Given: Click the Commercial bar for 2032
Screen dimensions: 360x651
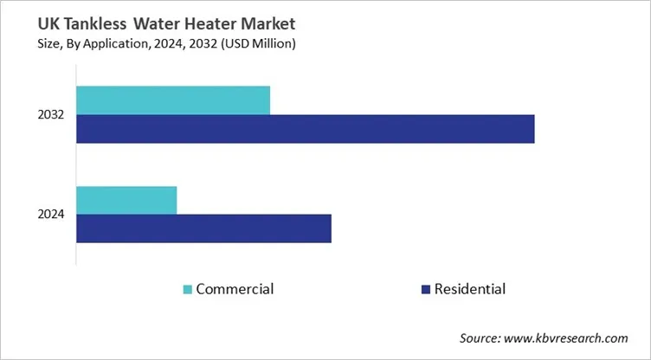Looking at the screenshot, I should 173,100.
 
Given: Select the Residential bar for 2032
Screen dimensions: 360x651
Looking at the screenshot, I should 305,129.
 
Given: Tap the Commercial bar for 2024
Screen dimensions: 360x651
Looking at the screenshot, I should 126,200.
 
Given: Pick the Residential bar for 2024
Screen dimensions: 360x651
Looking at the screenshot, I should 203,228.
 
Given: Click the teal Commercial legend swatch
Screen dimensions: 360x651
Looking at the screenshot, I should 188,289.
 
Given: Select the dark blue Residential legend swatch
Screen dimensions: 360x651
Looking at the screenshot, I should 424,289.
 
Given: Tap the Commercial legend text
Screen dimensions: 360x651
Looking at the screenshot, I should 235,289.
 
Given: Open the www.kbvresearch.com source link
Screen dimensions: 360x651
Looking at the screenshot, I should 572,337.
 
